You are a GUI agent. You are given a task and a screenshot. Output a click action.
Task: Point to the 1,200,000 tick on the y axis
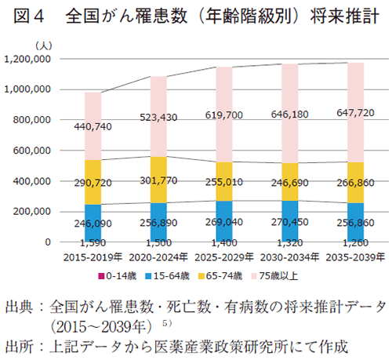pos(27,60)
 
